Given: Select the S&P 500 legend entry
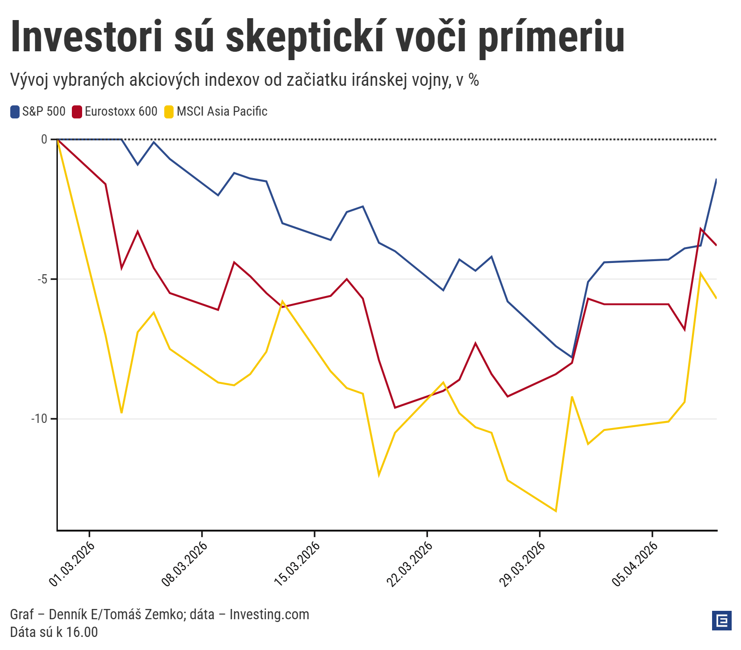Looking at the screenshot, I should pyautogui.click(x=38, y=112).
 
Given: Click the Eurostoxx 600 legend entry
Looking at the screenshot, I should pyautogui.click(x=115, y=112).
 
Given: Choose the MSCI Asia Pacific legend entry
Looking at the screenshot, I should pyautogui.click(x=216, y=112).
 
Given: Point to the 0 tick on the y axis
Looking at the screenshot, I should pyautogui.click(x=44, y=139).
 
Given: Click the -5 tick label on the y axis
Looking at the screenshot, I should pyautogui.click(x=42, y=279).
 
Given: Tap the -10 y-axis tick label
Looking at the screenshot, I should pyautogui.click(x=40, y=419).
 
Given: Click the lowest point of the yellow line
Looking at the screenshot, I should pyautogui.click(x=556, y=511).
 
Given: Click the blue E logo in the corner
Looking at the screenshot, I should pyautogui.click(x=722, y=621).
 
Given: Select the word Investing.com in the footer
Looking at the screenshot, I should pyautogui.click(x=269, y=615).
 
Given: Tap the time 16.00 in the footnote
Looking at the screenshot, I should pyautogui.click(x=82, y=632).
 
